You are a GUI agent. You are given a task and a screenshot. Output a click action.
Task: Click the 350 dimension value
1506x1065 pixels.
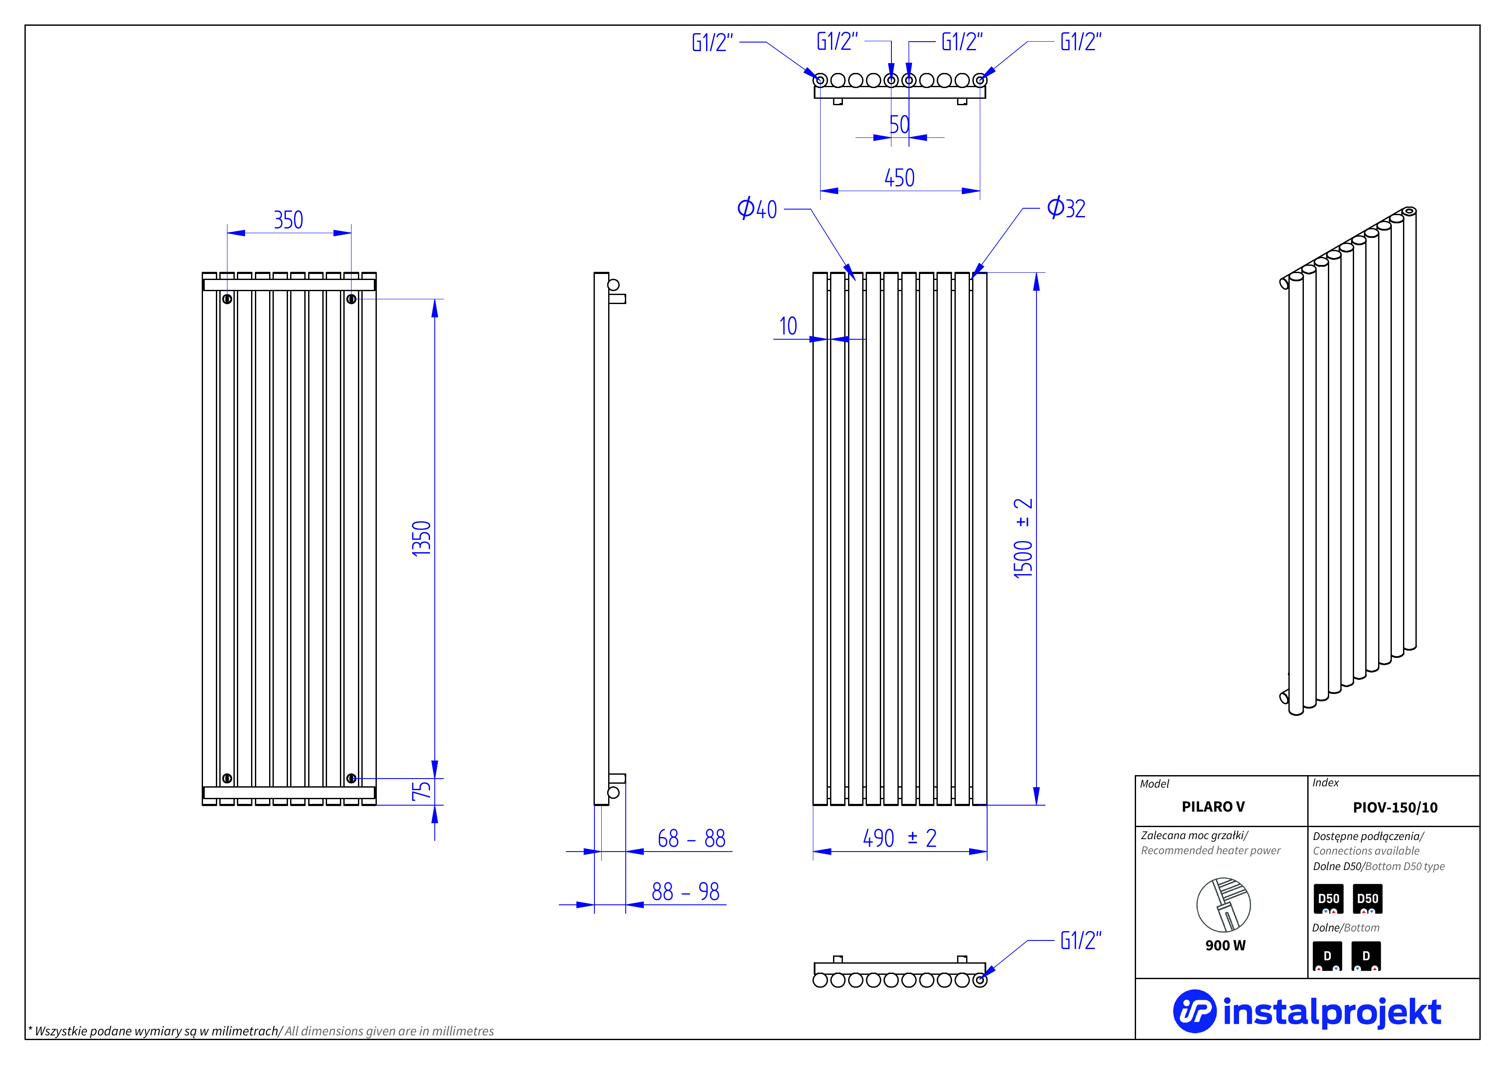[x=288, y=220]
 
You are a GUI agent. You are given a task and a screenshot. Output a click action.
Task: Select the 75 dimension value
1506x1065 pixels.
[x=421, y=791]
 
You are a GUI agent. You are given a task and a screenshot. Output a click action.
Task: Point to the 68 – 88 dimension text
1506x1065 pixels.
[x=691, y=839]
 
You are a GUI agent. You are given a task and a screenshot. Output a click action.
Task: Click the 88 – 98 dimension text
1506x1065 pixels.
[x=685, y=892]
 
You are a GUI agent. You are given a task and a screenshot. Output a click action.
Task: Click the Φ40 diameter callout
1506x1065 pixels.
[x=757, y=209]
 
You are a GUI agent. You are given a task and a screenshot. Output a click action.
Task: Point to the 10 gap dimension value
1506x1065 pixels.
[x=788, y=326]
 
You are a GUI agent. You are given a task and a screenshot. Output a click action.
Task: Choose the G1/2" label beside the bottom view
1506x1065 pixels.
[x=1081, y=940]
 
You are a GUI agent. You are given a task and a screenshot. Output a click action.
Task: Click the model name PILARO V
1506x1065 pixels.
[x=1213, y=806]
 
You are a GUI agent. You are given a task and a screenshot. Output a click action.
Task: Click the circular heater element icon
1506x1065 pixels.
[x=1223, y=904]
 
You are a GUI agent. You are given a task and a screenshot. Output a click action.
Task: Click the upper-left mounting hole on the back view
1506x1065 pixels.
[x=227, y=299]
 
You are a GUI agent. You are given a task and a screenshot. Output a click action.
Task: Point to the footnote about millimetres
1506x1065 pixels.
[x=261, y=1031]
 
